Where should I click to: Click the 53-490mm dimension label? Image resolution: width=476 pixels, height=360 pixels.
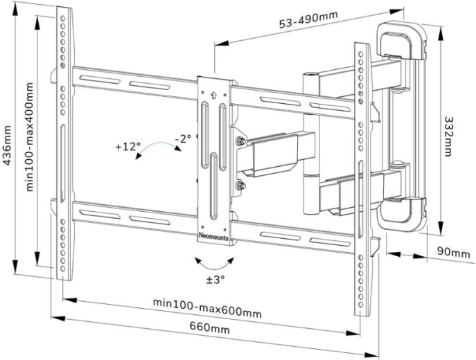click(309, 21)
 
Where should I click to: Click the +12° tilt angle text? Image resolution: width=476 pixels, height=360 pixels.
click(128, 147)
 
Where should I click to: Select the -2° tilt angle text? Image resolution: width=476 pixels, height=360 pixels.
click(183, 139)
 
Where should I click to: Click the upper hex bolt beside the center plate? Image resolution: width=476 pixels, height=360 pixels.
click(240, 143)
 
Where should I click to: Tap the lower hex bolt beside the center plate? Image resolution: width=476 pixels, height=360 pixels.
click(240, 186)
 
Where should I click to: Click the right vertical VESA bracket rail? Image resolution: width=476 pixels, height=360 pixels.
click(361, 180)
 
